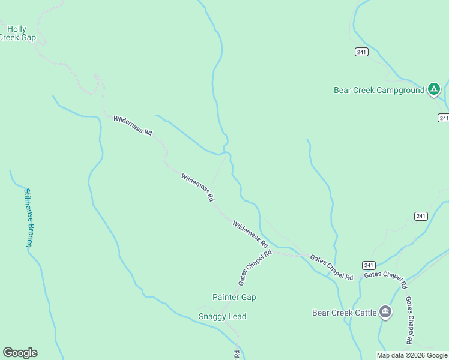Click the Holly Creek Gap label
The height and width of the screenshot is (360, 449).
tap(18, 33)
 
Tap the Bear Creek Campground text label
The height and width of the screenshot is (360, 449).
tap(379, 91)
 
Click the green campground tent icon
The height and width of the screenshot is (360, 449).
tap(434, 90)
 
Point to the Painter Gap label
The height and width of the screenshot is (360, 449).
tap(234, 297)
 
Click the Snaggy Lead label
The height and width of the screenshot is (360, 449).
tap(222, 316)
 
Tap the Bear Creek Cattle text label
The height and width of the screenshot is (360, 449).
tap(344, 313)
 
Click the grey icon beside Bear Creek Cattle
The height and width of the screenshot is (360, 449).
tap(385, 312)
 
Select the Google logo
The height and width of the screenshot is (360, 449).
tap(20, 353)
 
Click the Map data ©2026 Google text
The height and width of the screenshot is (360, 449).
tap(411, 355)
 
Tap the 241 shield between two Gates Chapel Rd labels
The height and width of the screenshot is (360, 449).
tap(369, 265)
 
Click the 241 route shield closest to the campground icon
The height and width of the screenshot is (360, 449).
tap(443, 118)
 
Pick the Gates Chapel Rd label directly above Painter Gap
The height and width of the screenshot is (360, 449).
tap(255, 267)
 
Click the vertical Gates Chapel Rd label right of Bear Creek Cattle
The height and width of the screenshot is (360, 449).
tap(408, 320)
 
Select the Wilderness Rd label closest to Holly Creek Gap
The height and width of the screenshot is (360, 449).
tap(133, 125)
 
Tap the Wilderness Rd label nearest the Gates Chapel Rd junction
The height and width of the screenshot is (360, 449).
tap(250, 234)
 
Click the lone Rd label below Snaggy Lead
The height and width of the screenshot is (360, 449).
tap(237, 355)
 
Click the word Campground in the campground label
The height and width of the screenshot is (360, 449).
tap(400, 91)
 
